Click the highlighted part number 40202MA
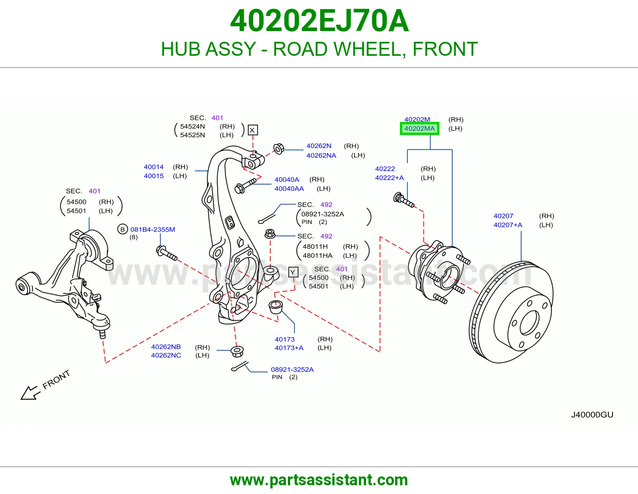click(419, 129)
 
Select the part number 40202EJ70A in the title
click(319, 21)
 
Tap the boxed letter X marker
click(252, 130)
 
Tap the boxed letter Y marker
click(293, 272)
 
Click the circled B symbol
click(122, 229)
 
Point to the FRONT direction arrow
click(30, 392)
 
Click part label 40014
click(154, 167)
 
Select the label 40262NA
click(321, 155)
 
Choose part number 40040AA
click(289, 188)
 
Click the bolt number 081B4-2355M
click(153, 229)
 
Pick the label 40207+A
click(508, 225)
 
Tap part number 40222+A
click(389, 178)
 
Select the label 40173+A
click(289, 348)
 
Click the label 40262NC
click(166, 355)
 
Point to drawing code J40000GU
click(592, 415)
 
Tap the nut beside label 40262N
click(279, 149)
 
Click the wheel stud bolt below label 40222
click(404, 200)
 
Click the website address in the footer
click(319, 480)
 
